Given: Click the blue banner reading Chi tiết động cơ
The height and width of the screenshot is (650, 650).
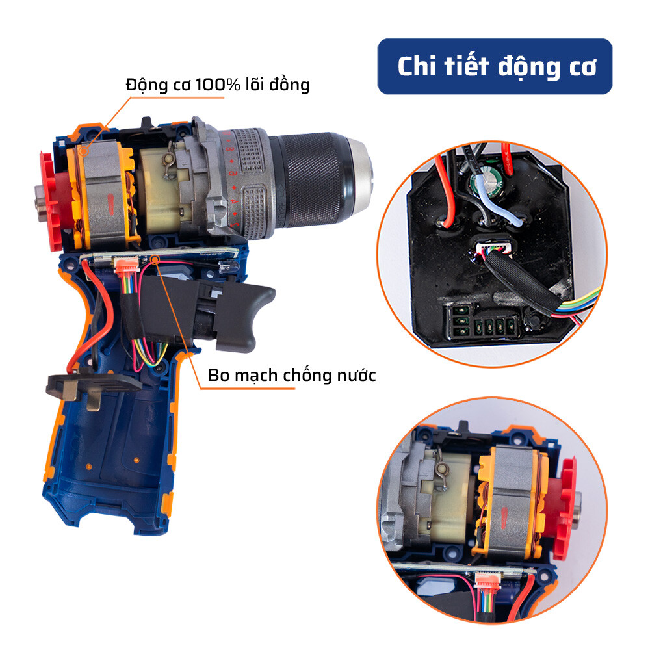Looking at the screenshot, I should [x=495, y=66].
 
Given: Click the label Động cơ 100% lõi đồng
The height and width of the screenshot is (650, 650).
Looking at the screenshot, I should [x=217, y=84].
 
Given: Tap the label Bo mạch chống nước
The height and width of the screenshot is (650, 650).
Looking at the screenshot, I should [x=292, y=375].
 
